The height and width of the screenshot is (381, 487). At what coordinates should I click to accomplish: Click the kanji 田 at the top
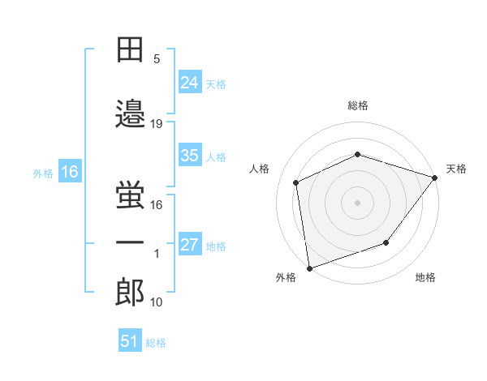pos(130,49)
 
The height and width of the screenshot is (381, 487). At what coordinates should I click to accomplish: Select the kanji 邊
pos(130,113)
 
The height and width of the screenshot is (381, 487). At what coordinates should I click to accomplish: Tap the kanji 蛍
pos(130,195)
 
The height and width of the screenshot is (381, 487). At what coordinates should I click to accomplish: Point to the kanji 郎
pos(130,292)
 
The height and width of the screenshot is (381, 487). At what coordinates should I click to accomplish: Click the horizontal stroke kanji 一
pos(130,242)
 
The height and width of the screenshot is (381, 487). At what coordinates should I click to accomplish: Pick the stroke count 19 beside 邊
pos(156,124)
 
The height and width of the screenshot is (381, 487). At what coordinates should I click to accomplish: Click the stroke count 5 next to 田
pos(157,59)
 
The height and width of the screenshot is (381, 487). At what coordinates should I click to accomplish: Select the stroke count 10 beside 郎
pos(156,302)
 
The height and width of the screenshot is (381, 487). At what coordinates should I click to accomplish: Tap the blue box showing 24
pos(190,82)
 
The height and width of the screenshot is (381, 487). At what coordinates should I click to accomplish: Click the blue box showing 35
pos(190,155)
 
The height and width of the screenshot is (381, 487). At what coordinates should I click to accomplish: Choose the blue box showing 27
pos(190,243)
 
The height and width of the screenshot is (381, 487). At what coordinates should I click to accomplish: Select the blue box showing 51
pos(130,340)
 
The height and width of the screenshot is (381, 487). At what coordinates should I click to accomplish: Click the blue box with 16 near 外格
pos(70,171)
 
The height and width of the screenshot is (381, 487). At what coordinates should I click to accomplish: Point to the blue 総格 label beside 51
pos(156,343)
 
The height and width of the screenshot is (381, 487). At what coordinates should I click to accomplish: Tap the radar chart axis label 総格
pos(358,105)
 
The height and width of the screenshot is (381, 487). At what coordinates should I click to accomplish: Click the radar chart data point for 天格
pos(434,178)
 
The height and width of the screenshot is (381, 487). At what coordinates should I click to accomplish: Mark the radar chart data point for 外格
pos(309,268)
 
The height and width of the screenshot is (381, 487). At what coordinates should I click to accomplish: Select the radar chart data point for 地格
pos(386,242)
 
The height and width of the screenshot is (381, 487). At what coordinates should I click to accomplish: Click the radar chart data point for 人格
pos(296,182)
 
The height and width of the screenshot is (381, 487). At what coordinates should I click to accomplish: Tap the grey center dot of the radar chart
pos(357,203)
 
